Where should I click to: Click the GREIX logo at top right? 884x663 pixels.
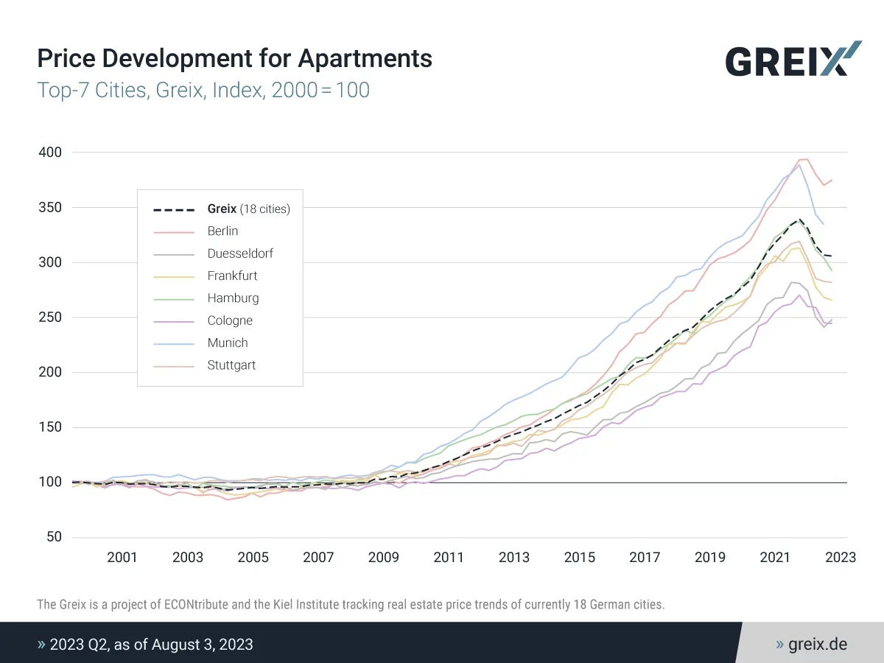click(793, 59)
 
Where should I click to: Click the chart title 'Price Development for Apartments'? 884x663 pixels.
click(234, 58)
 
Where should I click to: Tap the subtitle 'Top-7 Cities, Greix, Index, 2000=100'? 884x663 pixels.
click(203, 91)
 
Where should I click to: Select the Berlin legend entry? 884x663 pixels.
click(222, 231)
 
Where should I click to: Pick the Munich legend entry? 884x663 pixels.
click(227, 343)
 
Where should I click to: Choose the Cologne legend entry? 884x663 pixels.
click(230, 321)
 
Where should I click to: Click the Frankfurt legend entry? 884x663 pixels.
click(232, 276)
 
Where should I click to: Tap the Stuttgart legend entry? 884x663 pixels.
click(231, 365)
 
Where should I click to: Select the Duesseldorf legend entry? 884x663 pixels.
click(240, 254)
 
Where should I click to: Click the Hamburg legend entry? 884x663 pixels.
click(233, 298)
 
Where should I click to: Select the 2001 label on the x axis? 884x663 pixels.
click(122, 558)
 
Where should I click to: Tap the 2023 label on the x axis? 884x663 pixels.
click(841, 558)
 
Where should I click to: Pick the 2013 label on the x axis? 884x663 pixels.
click(514, 558)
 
